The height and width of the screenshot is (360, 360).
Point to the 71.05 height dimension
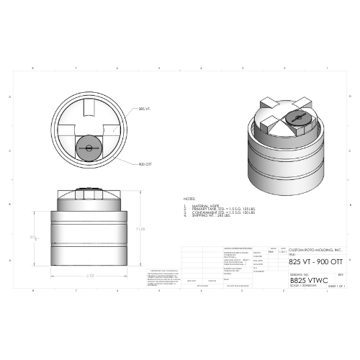pyautogui.click(x=142, y=228)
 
